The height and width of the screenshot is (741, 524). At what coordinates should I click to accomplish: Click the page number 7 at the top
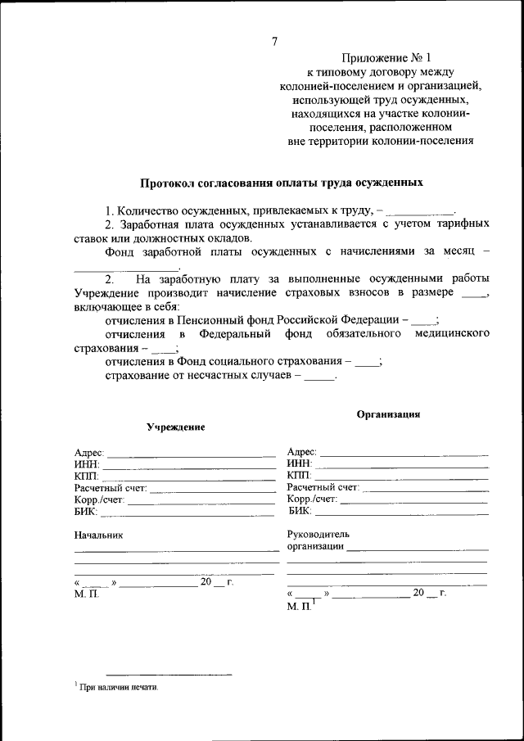[274, 42]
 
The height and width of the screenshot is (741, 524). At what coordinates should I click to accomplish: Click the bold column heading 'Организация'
[388, 414]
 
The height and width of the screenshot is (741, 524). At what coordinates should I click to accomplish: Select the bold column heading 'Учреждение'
[175, 427]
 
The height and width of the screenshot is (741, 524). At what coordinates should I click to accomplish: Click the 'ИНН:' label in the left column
[86, 464]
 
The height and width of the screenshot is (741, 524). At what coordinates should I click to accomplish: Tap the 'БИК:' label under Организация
[300, 511]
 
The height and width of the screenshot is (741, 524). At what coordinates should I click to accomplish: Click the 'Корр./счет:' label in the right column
[313, 499]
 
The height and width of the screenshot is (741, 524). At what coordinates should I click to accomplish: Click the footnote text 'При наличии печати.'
[119, 689]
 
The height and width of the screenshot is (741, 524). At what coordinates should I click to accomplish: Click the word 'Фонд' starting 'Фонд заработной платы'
[119, 252]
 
